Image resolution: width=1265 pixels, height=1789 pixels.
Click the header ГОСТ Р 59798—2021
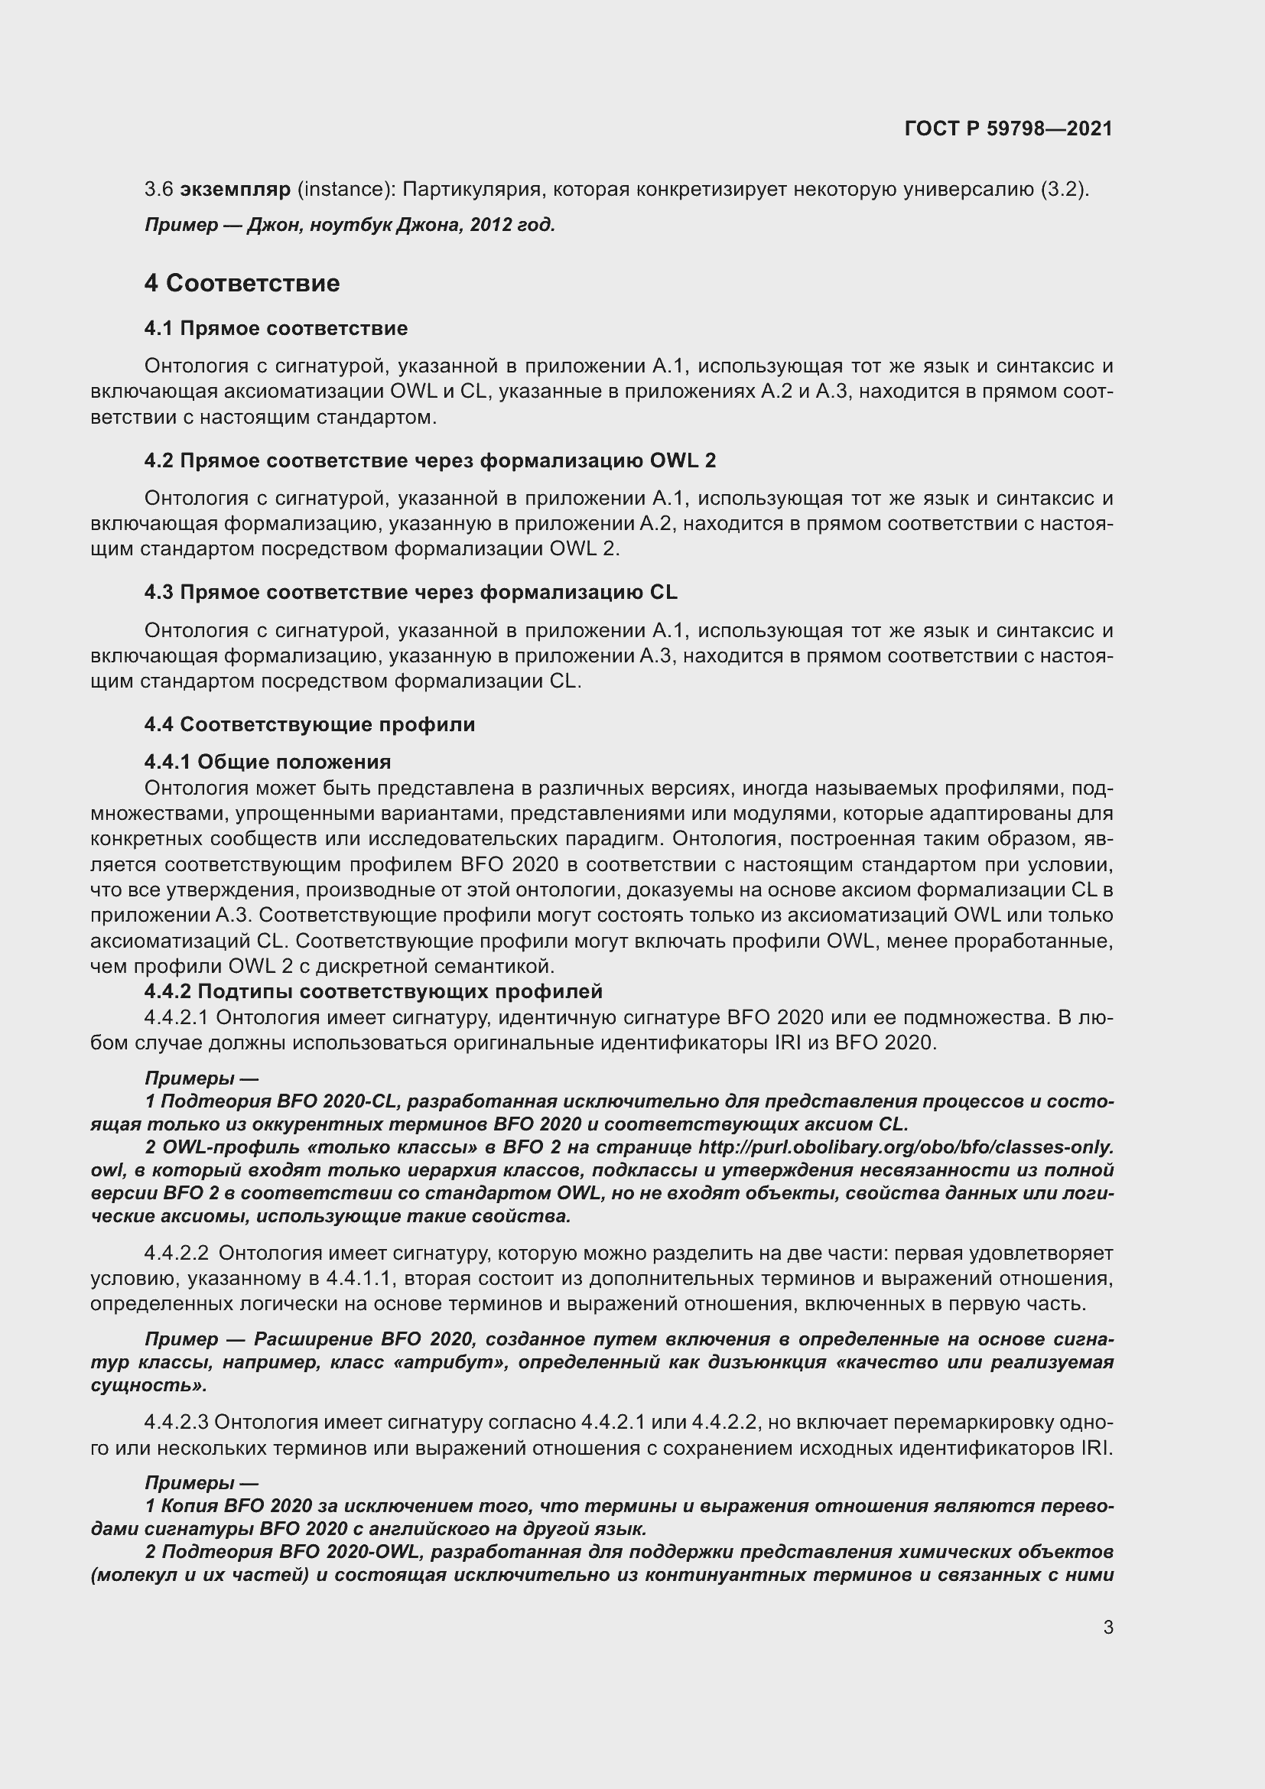(1008, 129)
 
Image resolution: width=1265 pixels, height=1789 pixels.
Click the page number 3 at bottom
(1107, 1627)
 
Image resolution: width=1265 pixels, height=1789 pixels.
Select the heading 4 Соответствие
(242, 283)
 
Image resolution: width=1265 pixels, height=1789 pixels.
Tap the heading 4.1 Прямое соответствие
(276, 328)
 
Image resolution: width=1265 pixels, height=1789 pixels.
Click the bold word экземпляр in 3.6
(236, 190)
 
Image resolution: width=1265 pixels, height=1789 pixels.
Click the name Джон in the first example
(267, 225)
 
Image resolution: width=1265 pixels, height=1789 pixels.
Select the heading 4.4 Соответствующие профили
(309, 724)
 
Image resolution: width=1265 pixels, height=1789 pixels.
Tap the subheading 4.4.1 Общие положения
(267, 761)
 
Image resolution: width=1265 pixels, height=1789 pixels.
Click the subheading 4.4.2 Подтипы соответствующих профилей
(373, 991)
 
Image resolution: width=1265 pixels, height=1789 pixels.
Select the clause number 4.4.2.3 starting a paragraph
(176, 1422)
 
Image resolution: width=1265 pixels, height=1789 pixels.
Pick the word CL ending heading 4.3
(663, 592)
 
